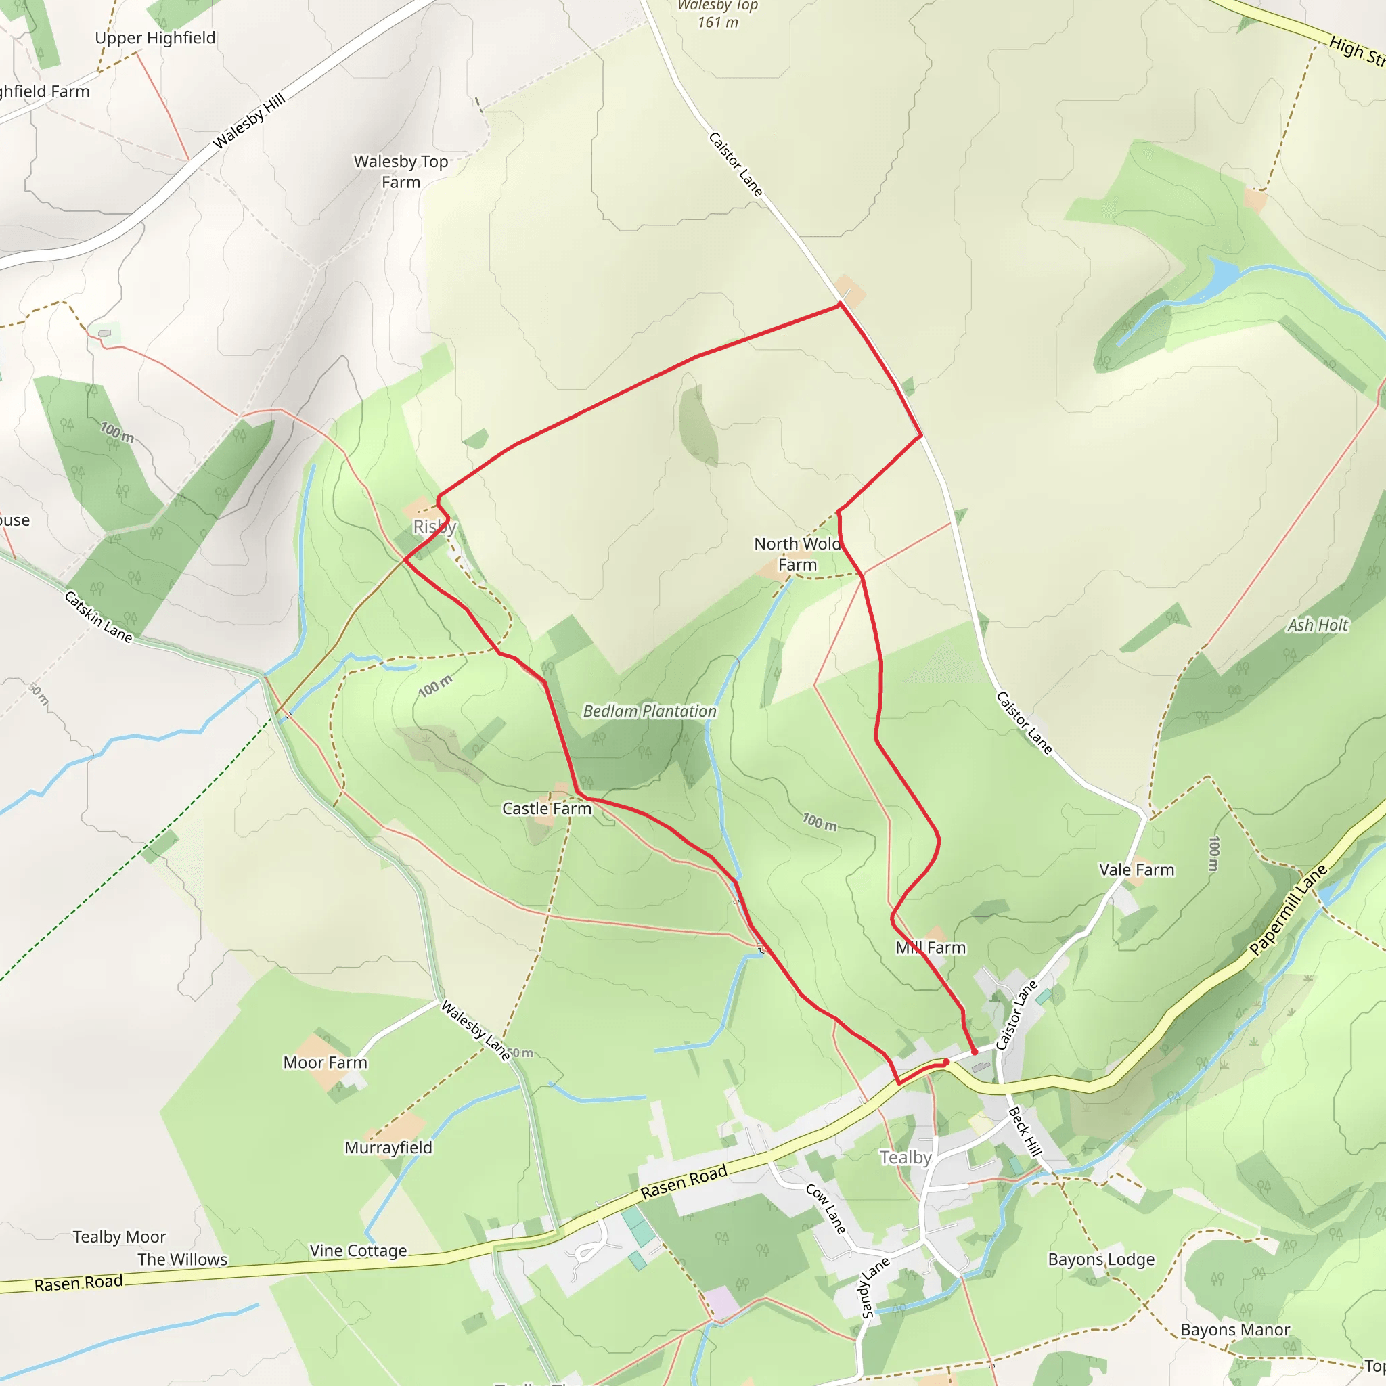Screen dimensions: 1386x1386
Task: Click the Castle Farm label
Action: tap(547, 809)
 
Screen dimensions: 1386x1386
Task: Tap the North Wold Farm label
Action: tap(797, 554)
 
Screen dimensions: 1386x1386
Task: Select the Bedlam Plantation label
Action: tap(649, 711)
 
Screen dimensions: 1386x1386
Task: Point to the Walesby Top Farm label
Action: tap(401, 171)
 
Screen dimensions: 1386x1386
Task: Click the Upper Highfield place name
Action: tap(155, 38)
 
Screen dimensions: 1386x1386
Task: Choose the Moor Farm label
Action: tap(325, 1063)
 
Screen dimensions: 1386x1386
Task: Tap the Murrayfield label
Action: tap(388, 1147)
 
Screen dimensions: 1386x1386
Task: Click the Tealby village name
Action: tap(906, 1157)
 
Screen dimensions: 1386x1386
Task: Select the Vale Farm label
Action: tap(1136, 870)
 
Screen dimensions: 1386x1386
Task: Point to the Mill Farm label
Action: tap(931, 947)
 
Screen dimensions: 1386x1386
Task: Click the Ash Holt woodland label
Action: tap(1317, 625)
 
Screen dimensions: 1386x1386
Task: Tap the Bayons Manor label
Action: tap(1234, 1329)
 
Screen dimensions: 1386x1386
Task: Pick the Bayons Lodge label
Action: tap(1101, 1259)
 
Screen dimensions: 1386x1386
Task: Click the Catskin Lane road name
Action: tap(98, 617)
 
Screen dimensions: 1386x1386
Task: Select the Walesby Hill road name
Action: tap(250, 120)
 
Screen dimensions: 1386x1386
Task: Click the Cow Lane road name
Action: tap(826, 1209)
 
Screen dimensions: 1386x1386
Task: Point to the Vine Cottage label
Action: tap(358, 1251)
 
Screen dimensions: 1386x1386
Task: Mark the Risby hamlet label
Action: tap(434, 527)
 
